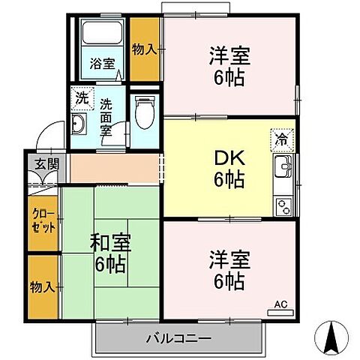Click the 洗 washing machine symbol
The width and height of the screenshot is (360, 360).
[82, 97]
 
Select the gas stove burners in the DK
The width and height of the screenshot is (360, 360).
[283, 203]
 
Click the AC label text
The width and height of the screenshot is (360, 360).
[280, 304]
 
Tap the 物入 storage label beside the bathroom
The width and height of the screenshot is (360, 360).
[144, 50]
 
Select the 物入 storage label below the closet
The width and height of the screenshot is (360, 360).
[42, 287]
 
